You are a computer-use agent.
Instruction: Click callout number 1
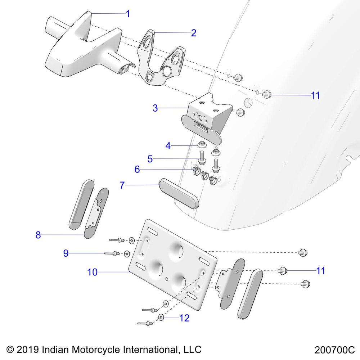pos(127,14)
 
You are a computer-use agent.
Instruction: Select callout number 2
pos(194,33)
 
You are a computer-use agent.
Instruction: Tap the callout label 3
pos(155,108)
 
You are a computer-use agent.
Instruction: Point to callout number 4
pos(168,146)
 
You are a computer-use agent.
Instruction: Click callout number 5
pos(150,159)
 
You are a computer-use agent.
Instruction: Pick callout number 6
pos(137,169)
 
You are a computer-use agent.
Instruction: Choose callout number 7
pos(122,185)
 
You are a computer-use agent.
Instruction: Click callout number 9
pos(66,253)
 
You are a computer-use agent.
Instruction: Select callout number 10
pos(92,272)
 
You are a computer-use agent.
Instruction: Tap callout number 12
pos(184,318)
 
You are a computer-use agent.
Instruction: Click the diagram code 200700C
pos(334,350)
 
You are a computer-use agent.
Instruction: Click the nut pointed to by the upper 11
pos(267,94)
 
